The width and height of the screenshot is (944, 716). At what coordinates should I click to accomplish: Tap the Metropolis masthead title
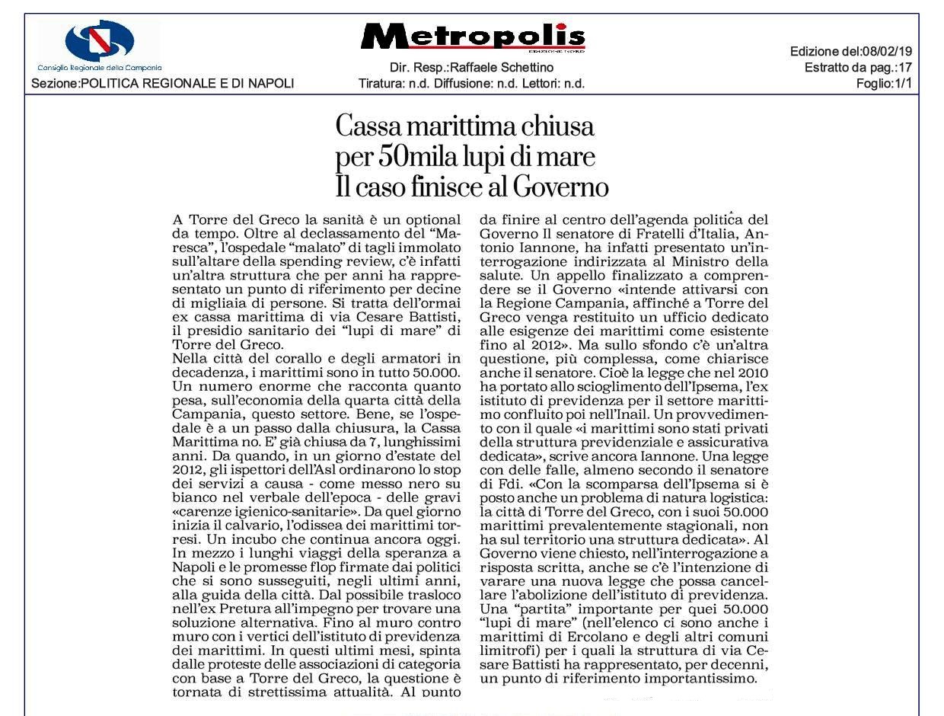pos(473,37)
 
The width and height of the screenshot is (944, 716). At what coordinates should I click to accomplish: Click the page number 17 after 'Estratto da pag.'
pos(904,68)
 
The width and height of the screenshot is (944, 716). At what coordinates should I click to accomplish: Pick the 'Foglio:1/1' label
pos(884,84)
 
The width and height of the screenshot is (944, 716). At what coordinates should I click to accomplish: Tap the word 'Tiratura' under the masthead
pos(381,84)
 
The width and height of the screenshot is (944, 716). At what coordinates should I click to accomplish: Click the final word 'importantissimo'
pos(703,678)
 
